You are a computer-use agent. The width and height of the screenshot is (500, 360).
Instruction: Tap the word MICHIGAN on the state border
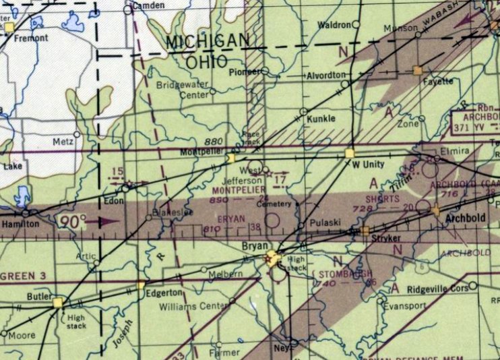coord(207,41)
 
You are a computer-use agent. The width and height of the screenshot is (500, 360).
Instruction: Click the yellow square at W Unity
coord(349,154)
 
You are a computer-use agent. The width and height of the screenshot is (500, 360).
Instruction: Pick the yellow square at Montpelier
coord(231,158)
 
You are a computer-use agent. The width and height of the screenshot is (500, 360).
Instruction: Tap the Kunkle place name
coord(321,119)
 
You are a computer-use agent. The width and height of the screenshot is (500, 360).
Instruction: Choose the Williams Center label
coord(193,307)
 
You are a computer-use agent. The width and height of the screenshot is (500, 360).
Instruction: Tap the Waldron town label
coord(334,25)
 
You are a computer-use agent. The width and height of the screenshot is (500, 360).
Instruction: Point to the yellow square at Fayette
coord(418,70)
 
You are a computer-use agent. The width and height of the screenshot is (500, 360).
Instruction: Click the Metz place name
coord(62,142)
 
